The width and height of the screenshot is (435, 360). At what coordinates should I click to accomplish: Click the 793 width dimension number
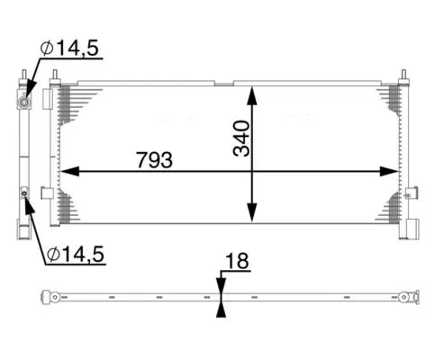tap(155, 159)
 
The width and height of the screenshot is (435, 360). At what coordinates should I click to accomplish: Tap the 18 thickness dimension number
tap(236, 261)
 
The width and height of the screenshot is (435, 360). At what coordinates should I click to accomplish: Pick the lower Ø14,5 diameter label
tap(75, 255)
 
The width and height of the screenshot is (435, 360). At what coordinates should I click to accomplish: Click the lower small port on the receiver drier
tap(24, 192)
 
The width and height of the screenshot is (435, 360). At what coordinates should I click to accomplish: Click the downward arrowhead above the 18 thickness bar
tap(222, 285)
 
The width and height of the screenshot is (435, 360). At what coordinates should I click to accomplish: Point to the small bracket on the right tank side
tap(412, 192)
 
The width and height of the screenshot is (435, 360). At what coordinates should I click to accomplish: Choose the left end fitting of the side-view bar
tap(54, 297)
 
